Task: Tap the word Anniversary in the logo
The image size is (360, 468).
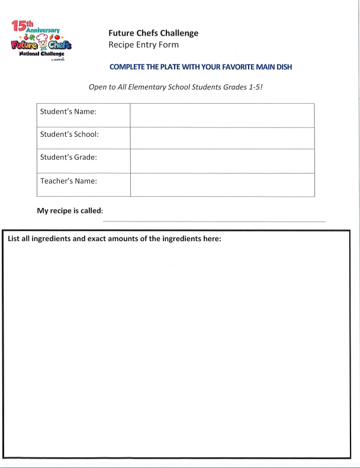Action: point(43,30)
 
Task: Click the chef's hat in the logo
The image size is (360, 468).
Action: point(43,40)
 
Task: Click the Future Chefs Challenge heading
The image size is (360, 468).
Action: point(153,33)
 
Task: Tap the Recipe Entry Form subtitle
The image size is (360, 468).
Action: point(143,45)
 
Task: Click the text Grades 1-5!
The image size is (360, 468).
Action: point(240,87)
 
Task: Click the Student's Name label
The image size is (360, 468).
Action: point(67,111)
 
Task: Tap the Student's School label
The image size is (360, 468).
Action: point(69,134)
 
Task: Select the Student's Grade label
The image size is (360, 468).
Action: point(68,158)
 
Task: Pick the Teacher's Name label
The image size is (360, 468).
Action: point(68,181)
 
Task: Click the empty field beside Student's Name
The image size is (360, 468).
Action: point(222,115)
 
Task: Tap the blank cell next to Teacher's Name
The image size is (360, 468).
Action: point(222,184)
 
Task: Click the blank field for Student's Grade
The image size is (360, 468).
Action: point(222,161)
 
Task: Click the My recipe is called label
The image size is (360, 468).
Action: point(70,211)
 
